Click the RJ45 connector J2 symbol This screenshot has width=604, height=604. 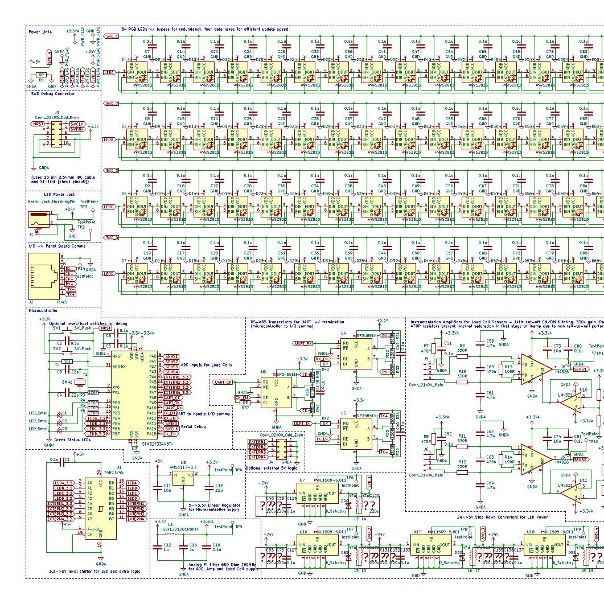44,277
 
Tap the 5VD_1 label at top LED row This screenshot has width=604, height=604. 112,36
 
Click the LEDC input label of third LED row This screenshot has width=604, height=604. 109,207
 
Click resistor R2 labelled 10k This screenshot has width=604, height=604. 67,361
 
